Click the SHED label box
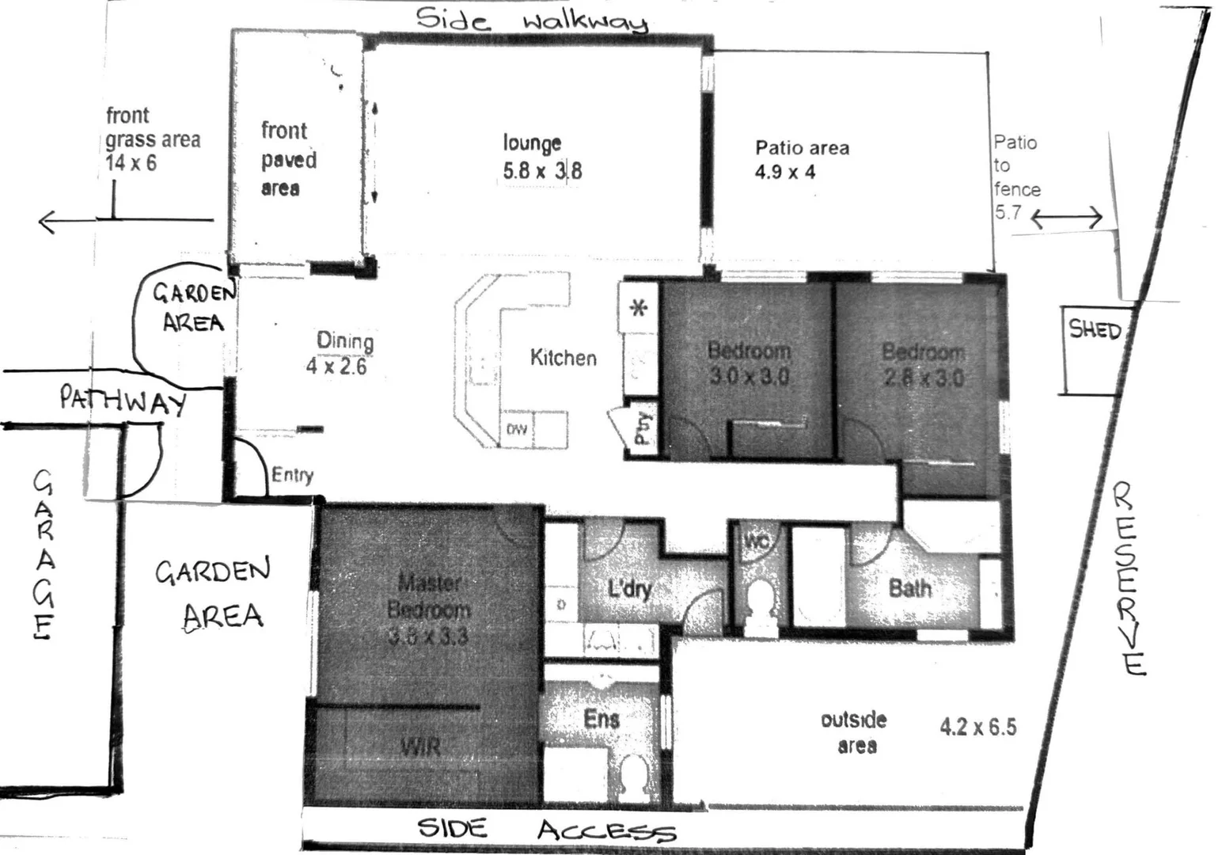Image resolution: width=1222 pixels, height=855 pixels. (1095, 329)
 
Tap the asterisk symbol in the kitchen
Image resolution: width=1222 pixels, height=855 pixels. (638, 307)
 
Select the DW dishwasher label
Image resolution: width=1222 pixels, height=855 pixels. (517, 430)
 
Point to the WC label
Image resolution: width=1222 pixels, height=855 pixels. (757, 542)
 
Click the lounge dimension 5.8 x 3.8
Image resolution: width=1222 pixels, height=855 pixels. (542, 170)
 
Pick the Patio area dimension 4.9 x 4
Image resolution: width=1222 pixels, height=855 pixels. (784, 172)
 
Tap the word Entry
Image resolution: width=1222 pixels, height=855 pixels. (292, 475)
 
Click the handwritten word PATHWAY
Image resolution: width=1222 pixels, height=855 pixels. (123, 401)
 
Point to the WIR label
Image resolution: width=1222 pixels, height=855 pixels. (420, 747)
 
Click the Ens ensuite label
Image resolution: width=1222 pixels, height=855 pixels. (602, 719)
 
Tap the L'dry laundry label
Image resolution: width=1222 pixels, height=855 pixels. (629, 589)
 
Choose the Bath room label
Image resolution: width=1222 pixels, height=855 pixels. (910, 588)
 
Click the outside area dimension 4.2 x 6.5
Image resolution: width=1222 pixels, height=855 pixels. (978, 727)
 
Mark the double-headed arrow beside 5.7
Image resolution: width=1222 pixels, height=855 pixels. (1066, 218)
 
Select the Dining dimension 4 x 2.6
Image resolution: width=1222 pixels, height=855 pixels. (336, 366)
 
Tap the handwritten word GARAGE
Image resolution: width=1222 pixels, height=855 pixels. (43, 554)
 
